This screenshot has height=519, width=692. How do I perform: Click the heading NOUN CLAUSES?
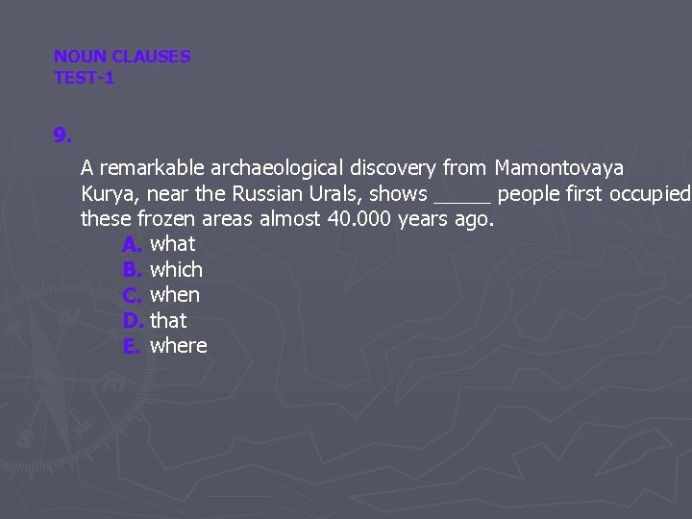[122, 57]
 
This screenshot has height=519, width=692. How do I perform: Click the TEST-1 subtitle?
[84, 78]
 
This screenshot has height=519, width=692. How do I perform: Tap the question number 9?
[62, 136]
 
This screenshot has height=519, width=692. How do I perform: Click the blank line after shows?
[462, 195]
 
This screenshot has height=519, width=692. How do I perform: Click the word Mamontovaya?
[558, 168]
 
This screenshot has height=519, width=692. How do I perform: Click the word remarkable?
[149, 168]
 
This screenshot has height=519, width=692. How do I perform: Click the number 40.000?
[360, 219]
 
